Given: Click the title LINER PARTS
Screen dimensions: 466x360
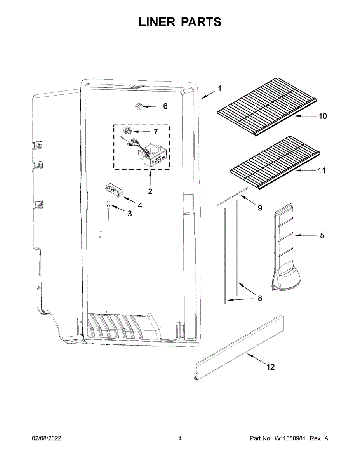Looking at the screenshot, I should tap(180, 22).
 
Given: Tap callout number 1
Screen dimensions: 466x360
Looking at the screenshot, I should tap(219, 89).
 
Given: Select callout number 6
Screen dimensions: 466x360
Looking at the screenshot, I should tap(165, 106).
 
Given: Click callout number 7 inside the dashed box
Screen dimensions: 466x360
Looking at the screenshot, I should tap(156, 132).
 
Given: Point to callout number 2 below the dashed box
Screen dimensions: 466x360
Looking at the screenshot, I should tap(150, 191).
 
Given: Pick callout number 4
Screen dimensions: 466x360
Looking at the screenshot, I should tap(140, 205).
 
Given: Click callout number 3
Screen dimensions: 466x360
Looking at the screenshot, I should tap(129, 214).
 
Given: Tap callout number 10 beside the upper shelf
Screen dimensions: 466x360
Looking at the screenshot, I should tap(323, 116).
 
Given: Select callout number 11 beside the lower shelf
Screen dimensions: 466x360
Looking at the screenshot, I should tap(322, 170).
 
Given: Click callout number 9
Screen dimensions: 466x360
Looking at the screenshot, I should tap(260, 208).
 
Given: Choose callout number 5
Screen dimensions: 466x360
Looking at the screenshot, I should tap(322, 235).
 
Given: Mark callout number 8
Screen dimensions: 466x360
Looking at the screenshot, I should tap(260, 298).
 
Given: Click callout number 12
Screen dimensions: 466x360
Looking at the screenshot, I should tap(270, 367).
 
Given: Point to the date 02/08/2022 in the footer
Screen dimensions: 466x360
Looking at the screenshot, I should tap(47, 438).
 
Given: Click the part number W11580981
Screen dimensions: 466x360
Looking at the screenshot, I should tap(291, 438).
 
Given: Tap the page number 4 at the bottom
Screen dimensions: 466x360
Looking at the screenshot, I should tap(180, 438).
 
